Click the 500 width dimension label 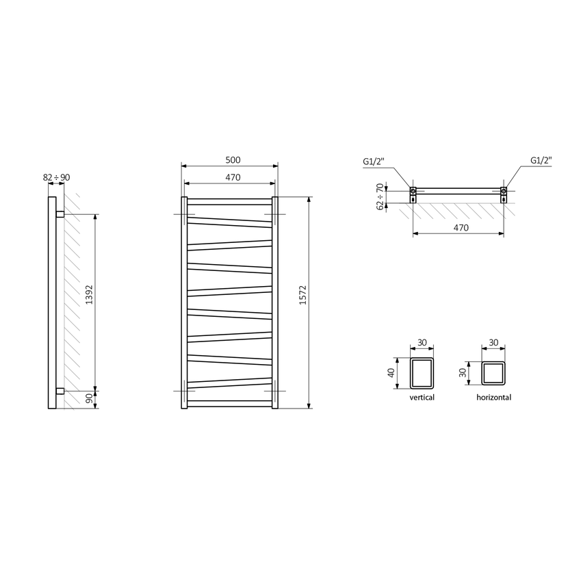233,159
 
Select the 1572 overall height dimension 303,295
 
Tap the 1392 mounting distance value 89,294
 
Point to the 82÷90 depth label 56,177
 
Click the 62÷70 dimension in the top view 380,196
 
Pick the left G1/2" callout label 374,162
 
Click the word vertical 422,398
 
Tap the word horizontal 493,398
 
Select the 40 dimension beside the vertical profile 391,373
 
